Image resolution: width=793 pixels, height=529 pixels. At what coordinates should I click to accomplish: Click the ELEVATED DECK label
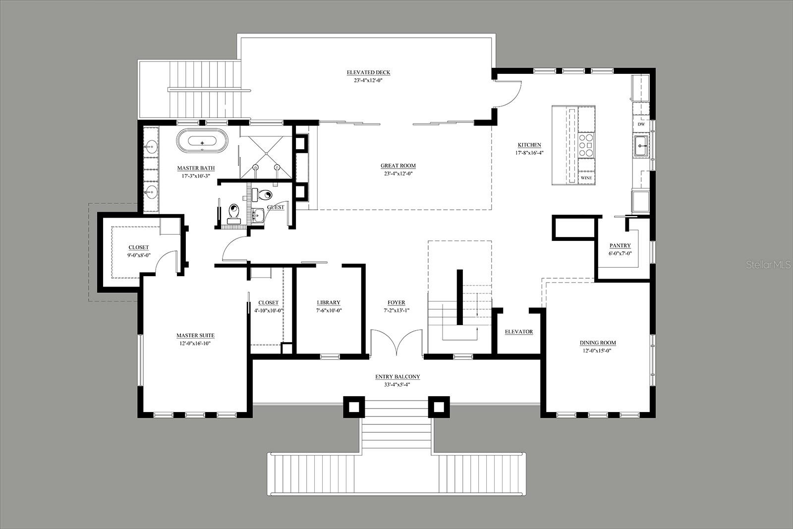coord(368,72)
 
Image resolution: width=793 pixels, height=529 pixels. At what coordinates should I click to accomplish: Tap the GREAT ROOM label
coord(398,166)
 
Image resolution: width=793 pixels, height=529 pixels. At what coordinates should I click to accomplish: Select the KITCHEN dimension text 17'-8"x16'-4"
coord(529,153)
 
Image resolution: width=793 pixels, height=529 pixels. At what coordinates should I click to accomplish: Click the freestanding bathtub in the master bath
coord(202,141)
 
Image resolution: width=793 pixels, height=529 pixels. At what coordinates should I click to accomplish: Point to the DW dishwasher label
coord(641,124)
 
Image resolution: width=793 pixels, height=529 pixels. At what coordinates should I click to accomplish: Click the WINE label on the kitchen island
coord(586,178)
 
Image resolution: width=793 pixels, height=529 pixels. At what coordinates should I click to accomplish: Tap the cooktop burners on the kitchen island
coord(586,145)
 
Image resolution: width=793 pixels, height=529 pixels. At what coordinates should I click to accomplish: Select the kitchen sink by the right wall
coord(641,146)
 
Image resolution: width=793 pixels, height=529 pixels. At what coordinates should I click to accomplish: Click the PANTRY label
coord(620,245)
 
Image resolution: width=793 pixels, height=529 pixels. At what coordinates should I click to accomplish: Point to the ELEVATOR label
coord(518,332)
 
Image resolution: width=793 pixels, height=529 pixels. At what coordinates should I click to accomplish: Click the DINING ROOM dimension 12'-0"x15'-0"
coord(598,351)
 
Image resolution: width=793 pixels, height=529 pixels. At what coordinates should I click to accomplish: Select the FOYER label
coord(396,302)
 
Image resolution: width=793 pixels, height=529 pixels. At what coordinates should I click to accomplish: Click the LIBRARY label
coord(329,302)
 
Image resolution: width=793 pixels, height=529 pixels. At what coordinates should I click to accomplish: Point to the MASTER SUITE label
coord(195,335)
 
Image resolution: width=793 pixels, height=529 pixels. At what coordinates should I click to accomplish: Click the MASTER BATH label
coord(196,168)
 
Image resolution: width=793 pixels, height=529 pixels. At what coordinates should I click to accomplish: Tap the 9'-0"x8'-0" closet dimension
coord(139,255)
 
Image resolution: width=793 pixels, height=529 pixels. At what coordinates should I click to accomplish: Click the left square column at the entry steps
coord(354,407)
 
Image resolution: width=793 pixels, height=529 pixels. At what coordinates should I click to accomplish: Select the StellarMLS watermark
coord(768,265)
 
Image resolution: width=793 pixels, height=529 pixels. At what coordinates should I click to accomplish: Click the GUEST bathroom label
coord(276,207)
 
